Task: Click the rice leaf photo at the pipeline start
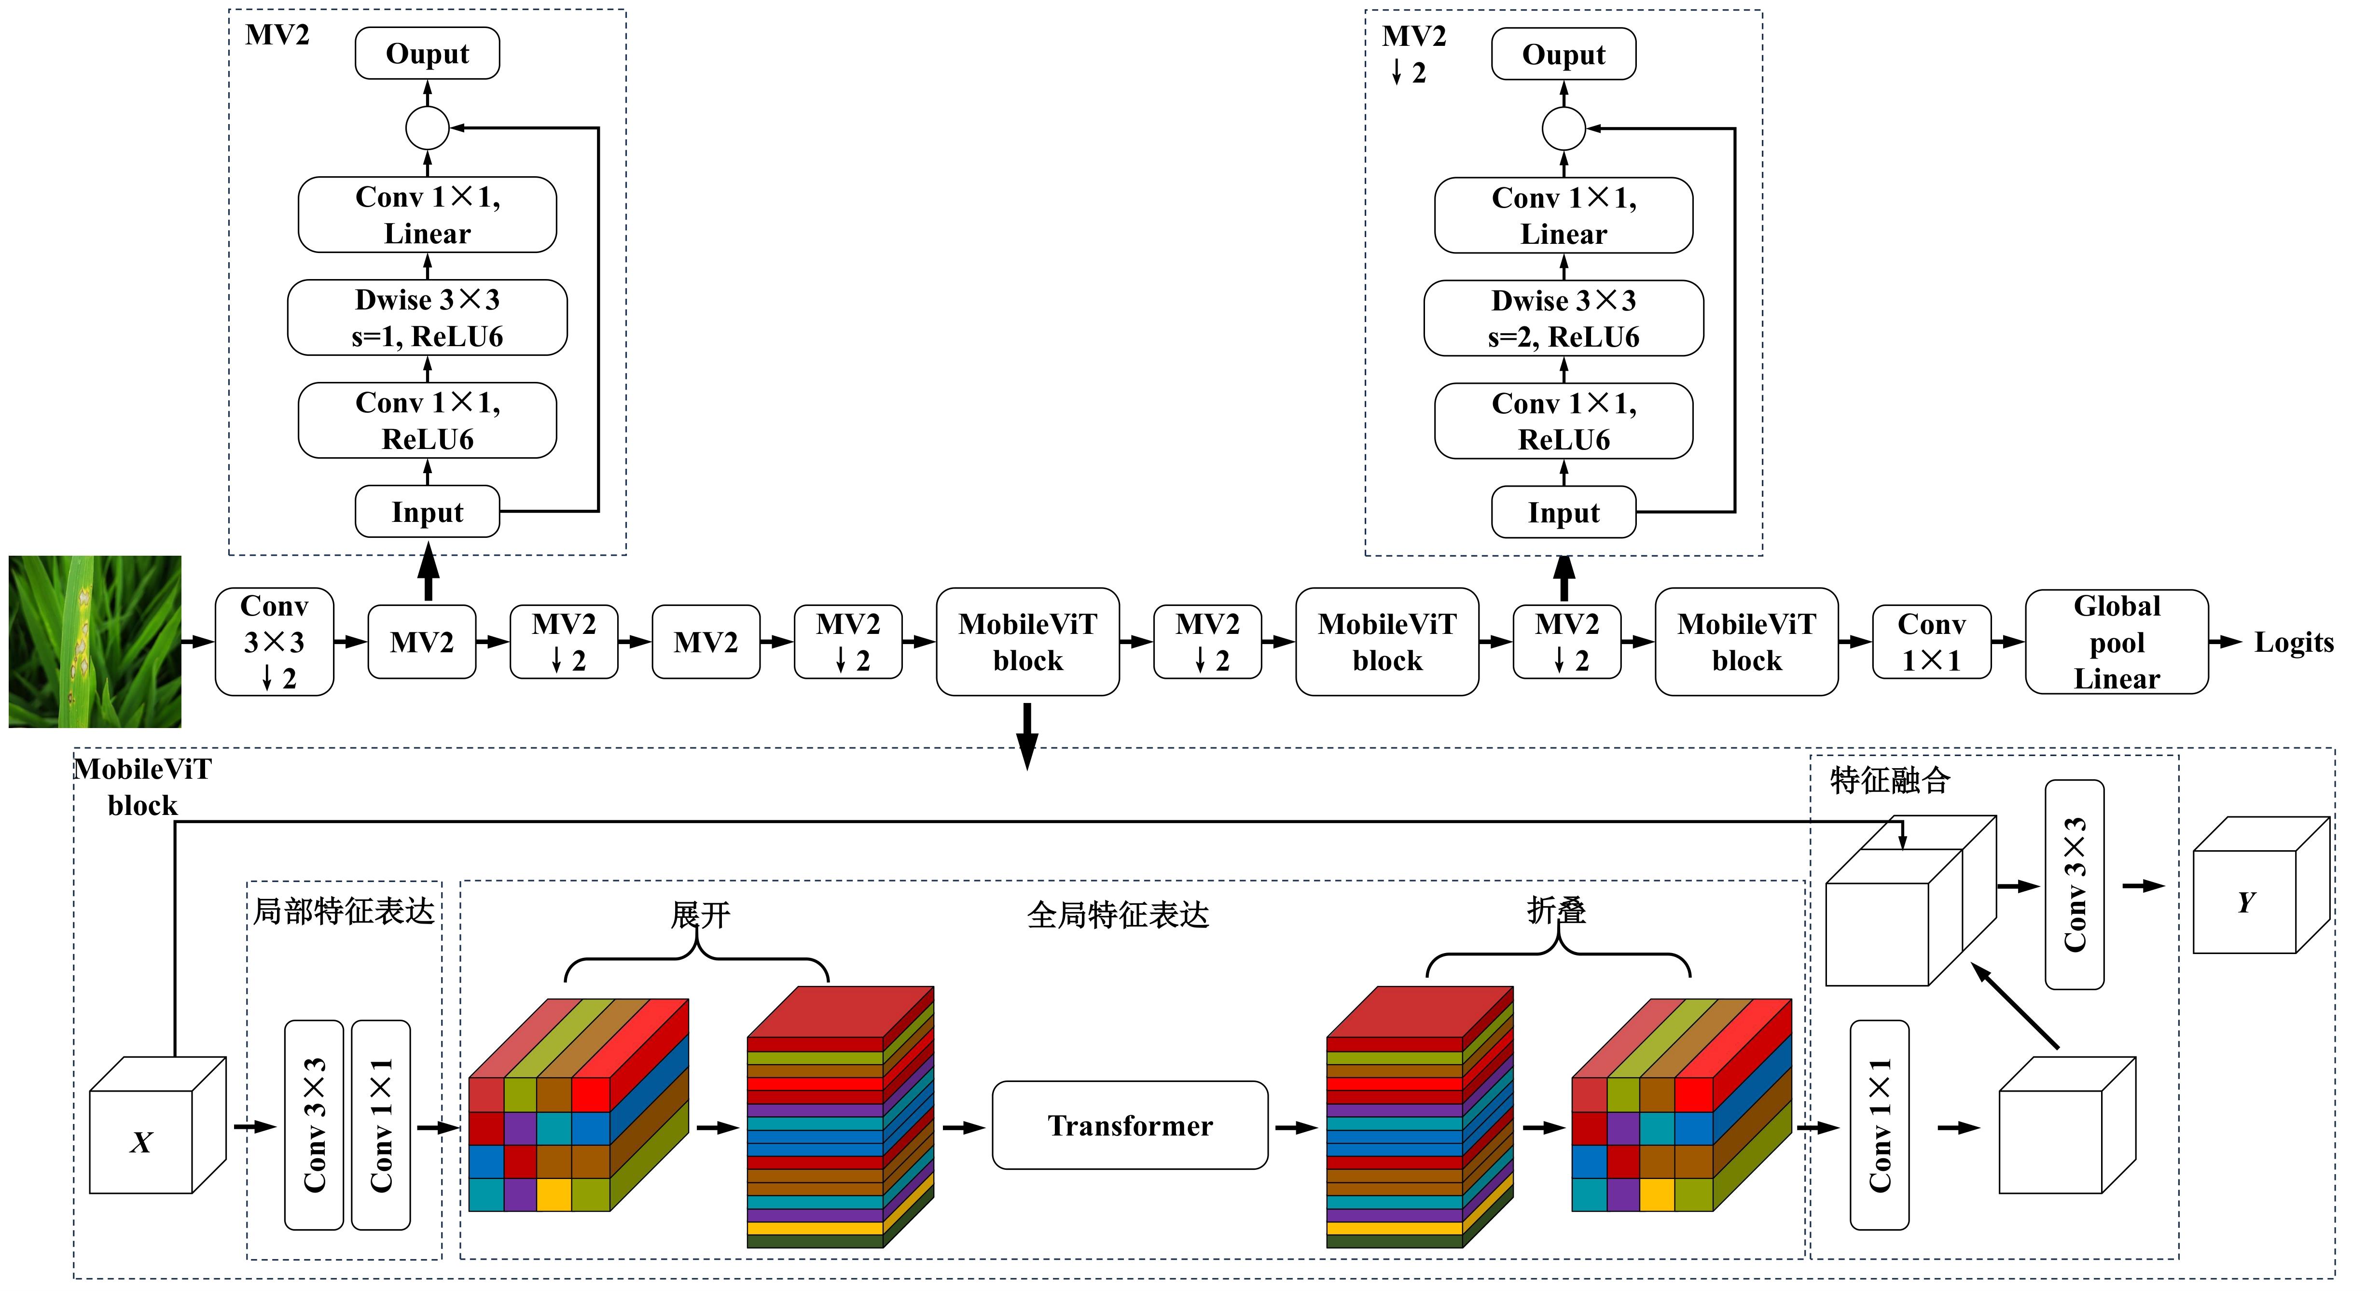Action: pos(95,641)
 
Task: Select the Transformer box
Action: pos(1130,1125)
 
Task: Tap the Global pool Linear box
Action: pos(2116,641)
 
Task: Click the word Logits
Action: pos(2294,642)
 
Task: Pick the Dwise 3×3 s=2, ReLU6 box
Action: pos(1563,318)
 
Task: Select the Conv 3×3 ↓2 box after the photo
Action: pos(274,641)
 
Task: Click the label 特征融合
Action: pos(1890,780)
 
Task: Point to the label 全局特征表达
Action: pos(1118,914)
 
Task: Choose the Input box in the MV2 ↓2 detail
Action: pos(1563,512)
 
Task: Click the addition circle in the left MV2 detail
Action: pos(427,128)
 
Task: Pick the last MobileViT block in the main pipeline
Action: pos(1746,641)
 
